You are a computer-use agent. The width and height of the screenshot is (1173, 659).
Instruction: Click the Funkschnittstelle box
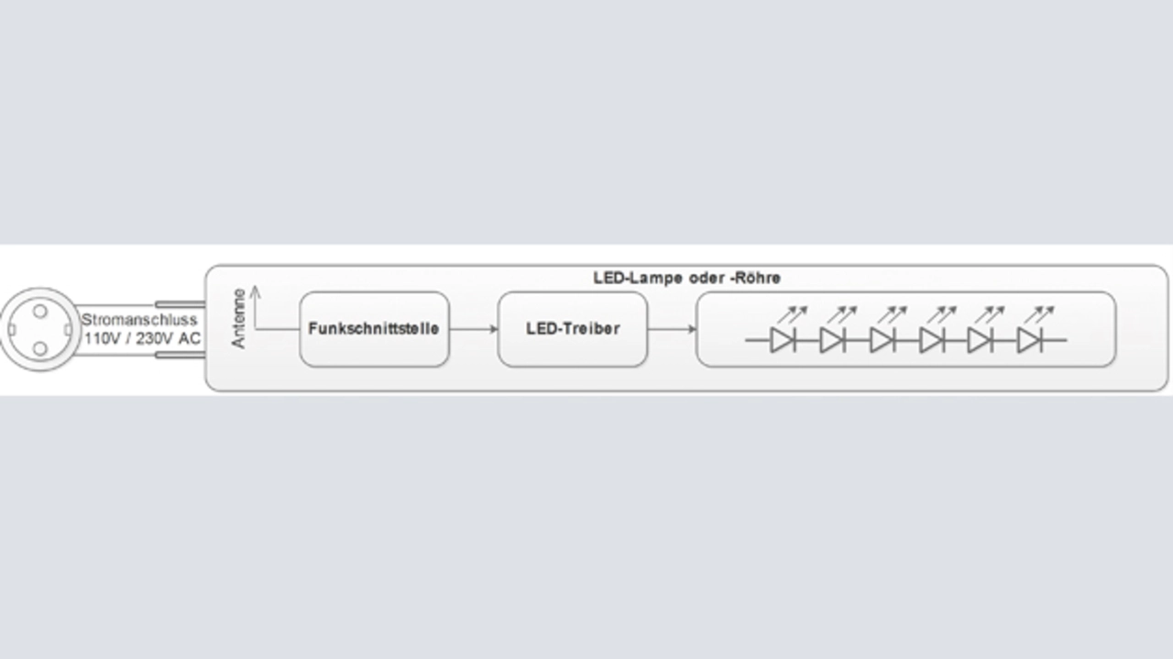374,329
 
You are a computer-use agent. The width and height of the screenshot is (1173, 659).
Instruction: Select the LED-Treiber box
572,329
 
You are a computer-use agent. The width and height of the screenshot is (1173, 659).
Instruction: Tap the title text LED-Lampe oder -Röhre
686,278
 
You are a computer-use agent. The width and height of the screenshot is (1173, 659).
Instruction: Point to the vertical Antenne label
239,318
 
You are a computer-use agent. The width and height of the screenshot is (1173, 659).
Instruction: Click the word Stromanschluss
138,321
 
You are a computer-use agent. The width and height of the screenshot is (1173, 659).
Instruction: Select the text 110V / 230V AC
142,339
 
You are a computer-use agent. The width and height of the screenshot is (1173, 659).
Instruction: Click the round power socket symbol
40,329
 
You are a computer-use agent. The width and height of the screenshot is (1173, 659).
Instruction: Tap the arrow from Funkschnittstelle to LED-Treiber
473,329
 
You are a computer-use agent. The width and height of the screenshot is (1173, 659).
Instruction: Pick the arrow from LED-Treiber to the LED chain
672,329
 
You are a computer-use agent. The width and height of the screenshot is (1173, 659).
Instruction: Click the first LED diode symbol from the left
782,340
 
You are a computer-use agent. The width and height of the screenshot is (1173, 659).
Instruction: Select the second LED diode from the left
831,340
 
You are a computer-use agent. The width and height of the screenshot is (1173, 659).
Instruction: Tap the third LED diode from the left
881,340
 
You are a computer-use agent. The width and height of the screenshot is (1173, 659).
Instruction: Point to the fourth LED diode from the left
930,340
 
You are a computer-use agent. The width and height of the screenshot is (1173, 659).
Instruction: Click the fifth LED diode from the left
979,340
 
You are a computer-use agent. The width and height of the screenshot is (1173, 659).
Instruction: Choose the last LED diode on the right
1028,340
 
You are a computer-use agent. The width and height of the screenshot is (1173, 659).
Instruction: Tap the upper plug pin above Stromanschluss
180,304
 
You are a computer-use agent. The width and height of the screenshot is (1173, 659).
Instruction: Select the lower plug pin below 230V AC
180,355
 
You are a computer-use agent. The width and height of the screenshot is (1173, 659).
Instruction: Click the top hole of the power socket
40,312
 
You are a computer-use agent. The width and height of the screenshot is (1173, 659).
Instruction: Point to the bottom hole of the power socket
40,348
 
